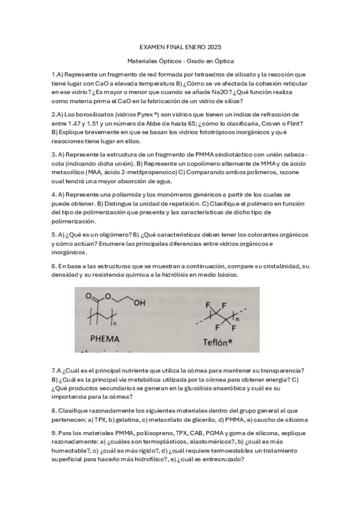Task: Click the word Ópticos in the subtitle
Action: [174, 61]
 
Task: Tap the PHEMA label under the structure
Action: [106, 339]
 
